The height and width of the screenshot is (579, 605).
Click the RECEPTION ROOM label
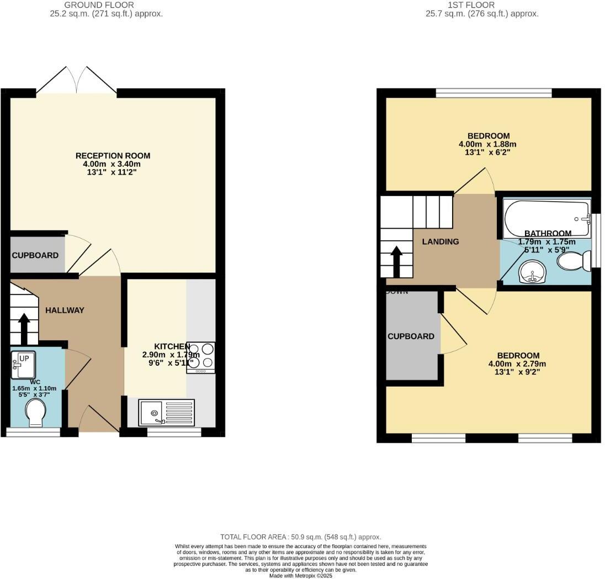coord(113,156)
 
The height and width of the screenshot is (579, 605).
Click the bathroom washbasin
coord(532,272)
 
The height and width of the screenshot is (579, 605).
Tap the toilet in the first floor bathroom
coord(574,261)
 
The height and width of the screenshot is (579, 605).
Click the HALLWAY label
coord(65,310)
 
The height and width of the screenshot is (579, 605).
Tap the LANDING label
coord(441,241)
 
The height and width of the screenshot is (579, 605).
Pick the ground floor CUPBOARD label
coord(35,255)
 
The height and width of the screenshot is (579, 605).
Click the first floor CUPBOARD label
coord(411,336)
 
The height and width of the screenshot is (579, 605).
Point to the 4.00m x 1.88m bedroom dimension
coord(488,144)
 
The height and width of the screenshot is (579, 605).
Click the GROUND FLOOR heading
coord(107,5)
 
